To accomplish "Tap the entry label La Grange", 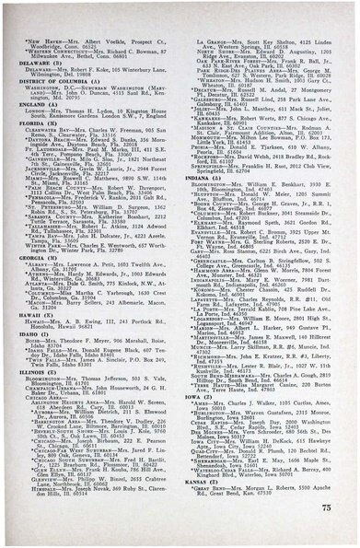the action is click(x=215, y=42).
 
